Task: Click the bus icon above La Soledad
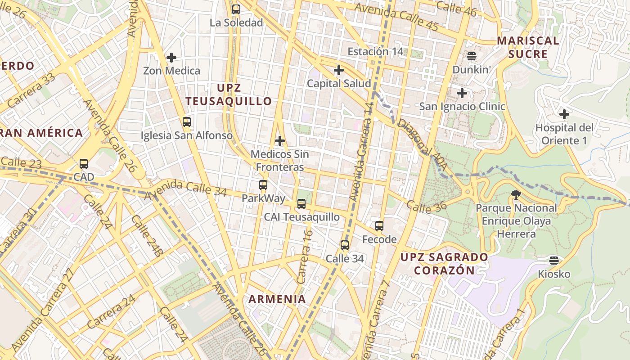(x=236, y=9)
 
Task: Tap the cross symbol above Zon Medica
(x=171, y=58)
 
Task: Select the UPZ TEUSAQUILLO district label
(x=229, y=94)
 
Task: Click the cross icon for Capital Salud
(x=338, y=70)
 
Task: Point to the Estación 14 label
(x=375, y=52)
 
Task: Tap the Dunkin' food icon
(x=471, y=56)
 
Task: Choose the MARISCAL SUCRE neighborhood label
(x=528, y=48)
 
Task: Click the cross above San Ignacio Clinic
(x=462, y=94)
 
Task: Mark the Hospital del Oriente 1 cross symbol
(x=564, y=114)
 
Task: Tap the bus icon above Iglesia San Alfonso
(x=186, y=122)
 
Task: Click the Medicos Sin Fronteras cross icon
(x=279, y=141)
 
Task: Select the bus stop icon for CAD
(x=83, y=164)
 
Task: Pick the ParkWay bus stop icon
(x=263, y=185)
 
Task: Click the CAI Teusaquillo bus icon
(x=301, y=204)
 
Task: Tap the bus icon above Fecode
(x=379, y=226)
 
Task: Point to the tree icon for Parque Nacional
(x=516, y=195)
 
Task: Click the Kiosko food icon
(x=553, y=261)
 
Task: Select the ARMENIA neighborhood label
(x=277, y=299)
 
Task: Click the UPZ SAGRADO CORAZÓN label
(x=444, y=264)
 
